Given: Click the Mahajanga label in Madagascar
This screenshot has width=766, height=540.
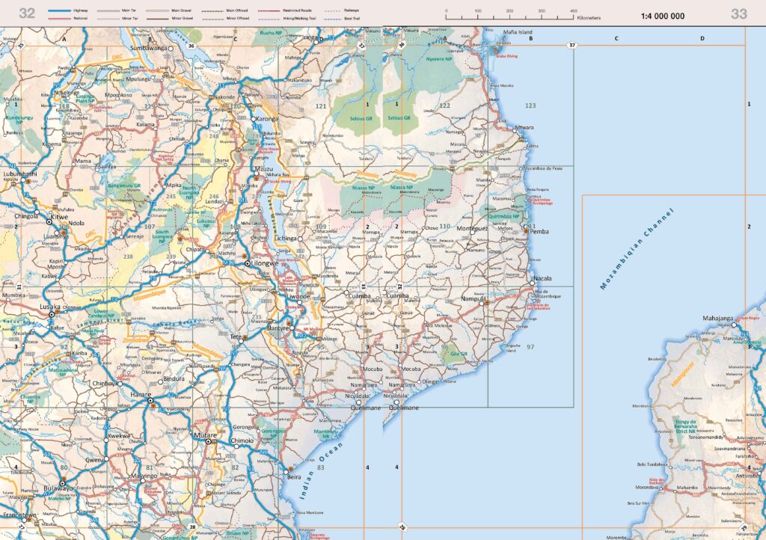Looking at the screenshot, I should click(720, 319).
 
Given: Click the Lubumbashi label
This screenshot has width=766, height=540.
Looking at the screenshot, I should click(19, 174).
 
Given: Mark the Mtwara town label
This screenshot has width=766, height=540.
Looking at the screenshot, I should click(525, 128).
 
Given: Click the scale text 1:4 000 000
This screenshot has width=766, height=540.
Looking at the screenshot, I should click(662, 16).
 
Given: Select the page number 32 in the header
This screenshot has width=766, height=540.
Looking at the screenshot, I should click(27, 13).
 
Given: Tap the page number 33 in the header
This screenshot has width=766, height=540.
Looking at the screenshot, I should click(738, 13).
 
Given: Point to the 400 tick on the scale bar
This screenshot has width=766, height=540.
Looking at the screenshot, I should click(573, 10).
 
